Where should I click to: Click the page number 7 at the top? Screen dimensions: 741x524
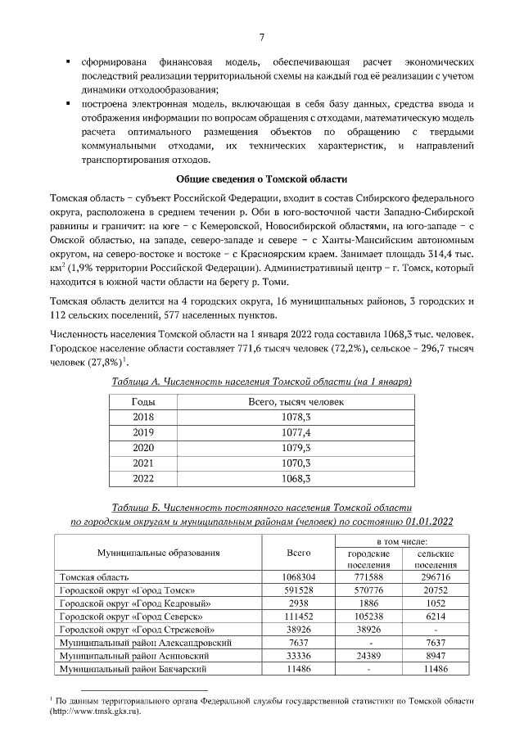click(x=261, y=37)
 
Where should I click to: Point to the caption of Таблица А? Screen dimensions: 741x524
click(x=261, y=382)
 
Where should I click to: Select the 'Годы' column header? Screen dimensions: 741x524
click(x=143, y=402)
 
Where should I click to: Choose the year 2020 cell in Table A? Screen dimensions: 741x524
click(x=143, y=447)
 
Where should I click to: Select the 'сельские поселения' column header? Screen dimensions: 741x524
click(x=435, y=559)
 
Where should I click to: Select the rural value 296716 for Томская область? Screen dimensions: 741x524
click(x=435, y=576)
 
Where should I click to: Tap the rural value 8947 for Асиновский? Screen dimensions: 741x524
click(x=435, y=656)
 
